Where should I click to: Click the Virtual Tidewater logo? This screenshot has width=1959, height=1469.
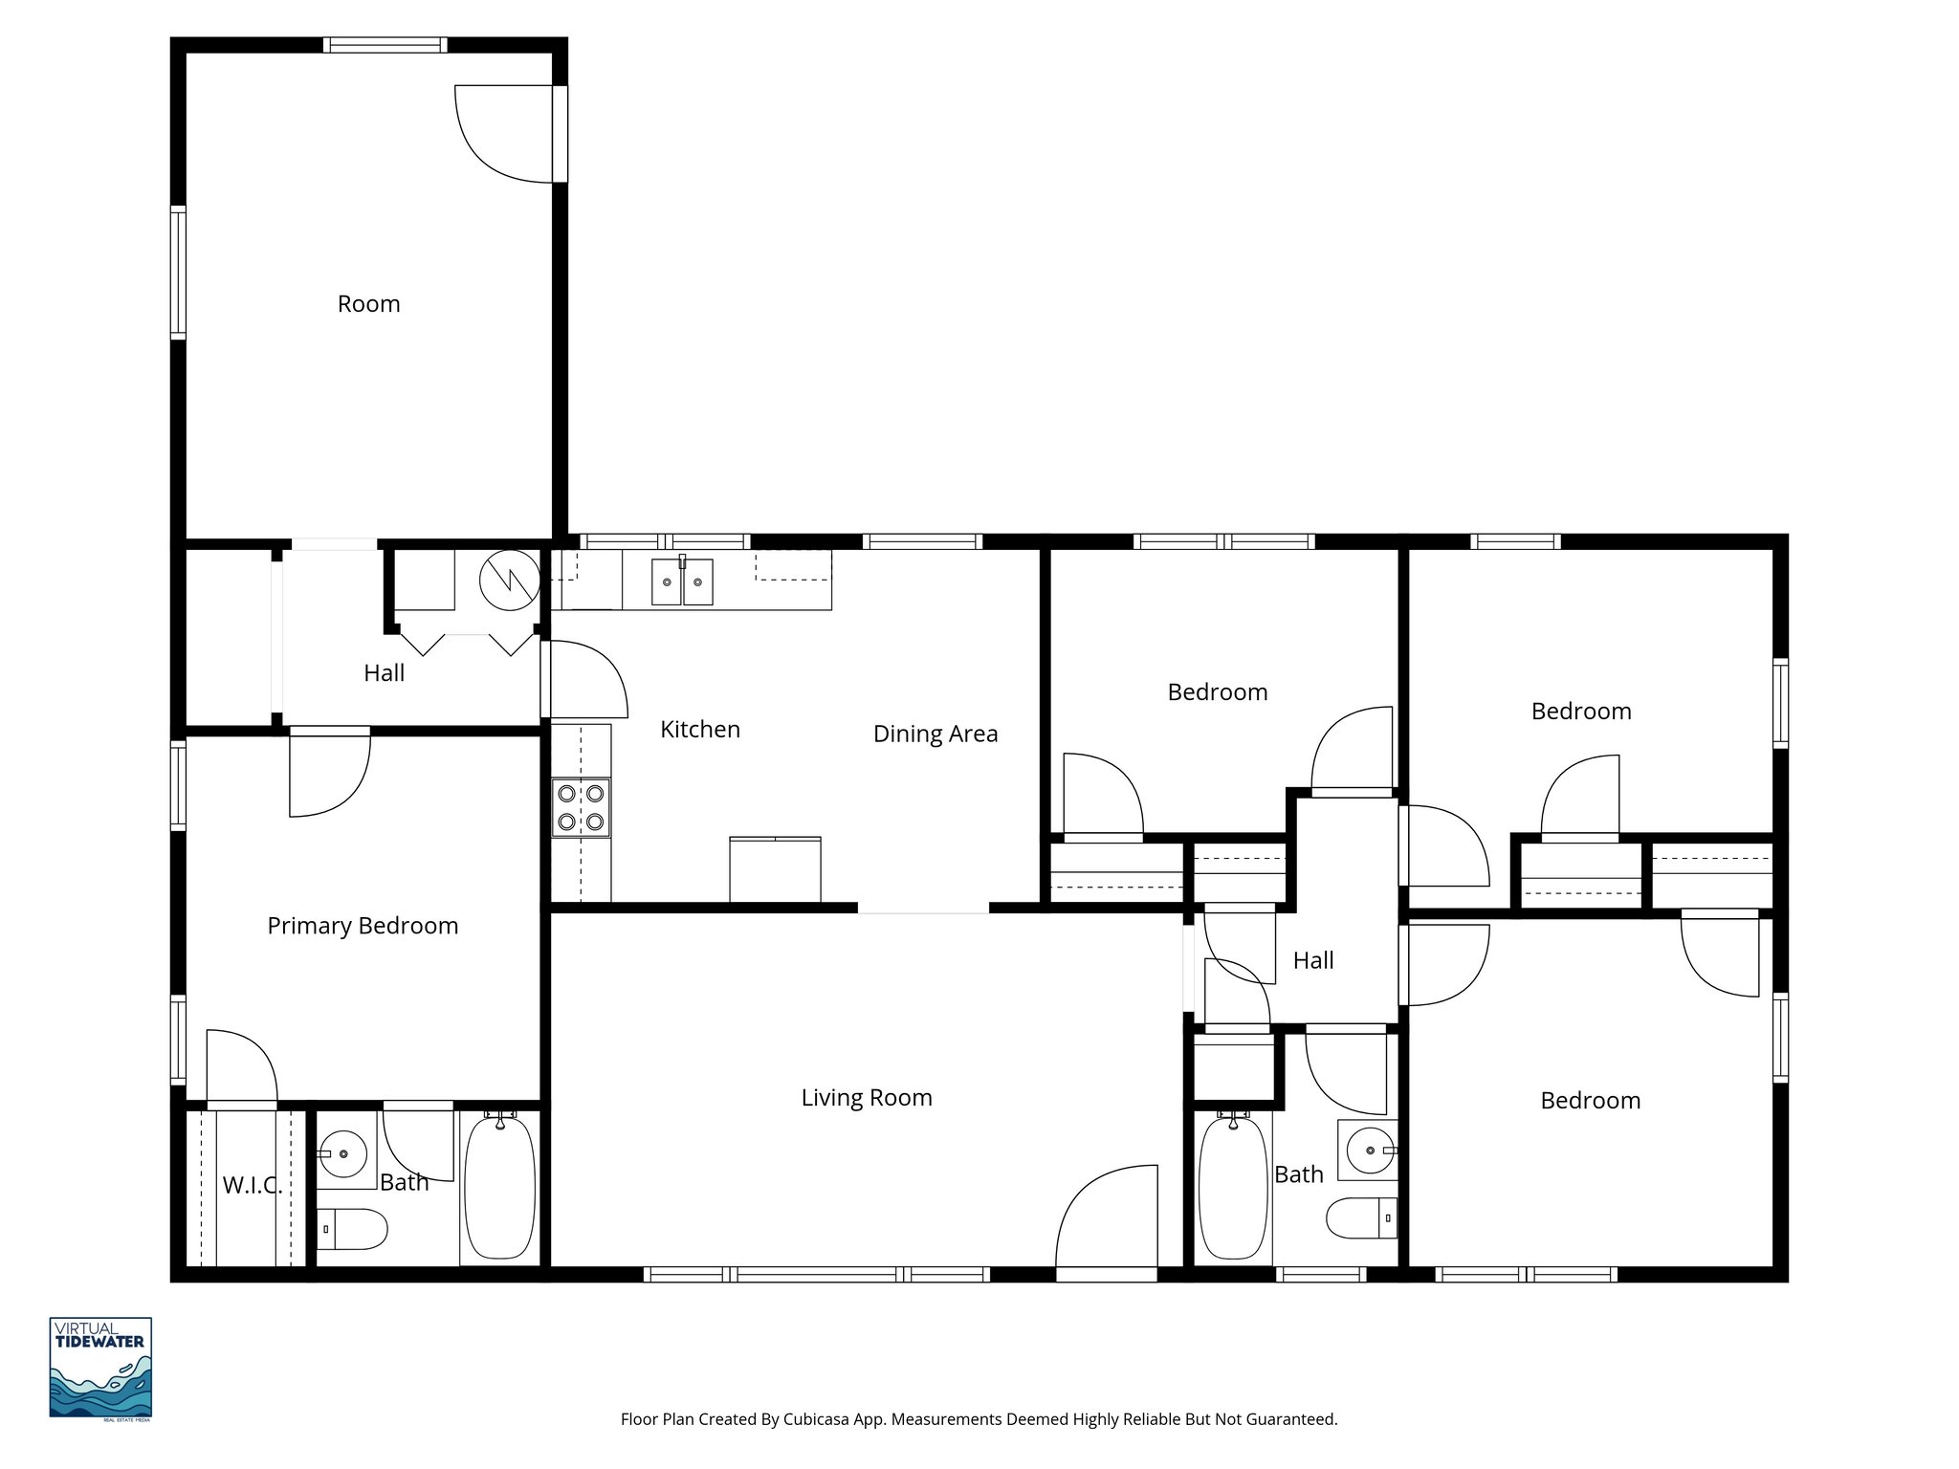tap(100, 1367)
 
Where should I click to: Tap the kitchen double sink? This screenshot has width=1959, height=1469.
tap(682, 582)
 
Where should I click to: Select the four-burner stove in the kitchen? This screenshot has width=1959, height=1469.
tap(582, 807)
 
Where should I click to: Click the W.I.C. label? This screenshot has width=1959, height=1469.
tap(252, 1186)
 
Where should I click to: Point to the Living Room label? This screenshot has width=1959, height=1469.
tap(867, 1098)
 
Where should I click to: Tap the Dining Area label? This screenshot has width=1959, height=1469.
tap(935, 734)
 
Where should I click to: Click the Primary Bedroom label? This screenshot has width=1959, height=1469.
tap(363, 926)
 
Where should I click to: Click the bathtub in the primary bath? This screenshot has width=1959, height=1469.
tap(499, 1188)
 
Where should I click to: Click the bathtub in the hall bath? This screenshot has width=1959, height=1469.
tap(1233, 1188)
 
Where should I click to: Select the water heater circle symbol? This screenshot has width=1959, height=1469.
tap(509, 580)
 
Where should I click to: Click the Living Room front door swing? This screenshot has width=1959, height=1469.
tap(1105, 1219)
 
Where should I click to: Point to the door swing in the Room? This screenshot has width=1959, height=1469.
tap(504, 134)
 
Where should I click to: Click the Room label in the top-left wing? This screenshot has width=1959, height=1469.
tap(368, 304)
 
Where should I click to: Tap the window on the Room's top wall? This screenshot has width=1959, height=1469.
tap(385, 45)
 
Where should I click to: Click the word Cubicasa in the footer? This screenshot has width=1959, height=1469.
tap(817, 1419)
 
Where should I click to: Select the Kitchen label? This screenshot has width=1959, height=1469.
tap(700, 730)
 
